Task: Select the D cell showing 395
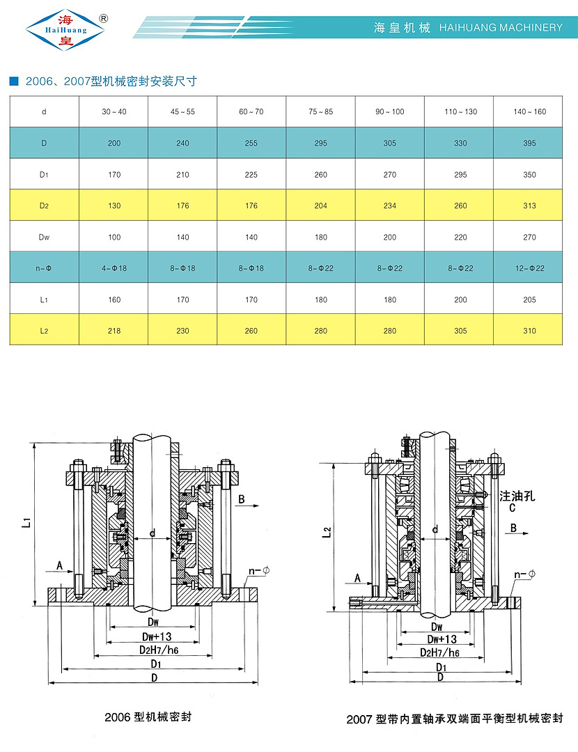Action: pyautogui.click(x=529, y=143)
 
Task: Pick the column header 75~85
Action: pyautogui.click(x=321, y=112)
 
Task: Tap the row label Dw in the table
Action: pyautogui.click(x=44, y=237)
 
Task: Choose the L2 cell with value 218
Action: pyautogui.click(x=114, y=331)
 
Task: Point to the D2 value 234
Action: pyautogui.click(x=390, y=206)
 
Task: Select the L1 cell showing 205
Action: pyautogui.click(x=529, y=300)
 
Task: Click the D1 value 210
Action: pyautogui.click(x=182, y=175)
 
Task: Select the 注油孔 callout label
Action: pyautogui.click(x=517, y=496)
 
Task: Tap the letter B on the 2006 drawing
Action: pyautogui.click(x=242, y=499)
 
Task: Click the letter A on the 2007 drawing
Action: pyautogui.click(x=357, y=579)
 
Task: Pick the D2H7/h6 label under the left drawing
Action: pyautogui.click(x=159, y=650)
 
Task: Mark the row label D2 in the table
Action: pyautogui.click(x=44, y=206)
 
